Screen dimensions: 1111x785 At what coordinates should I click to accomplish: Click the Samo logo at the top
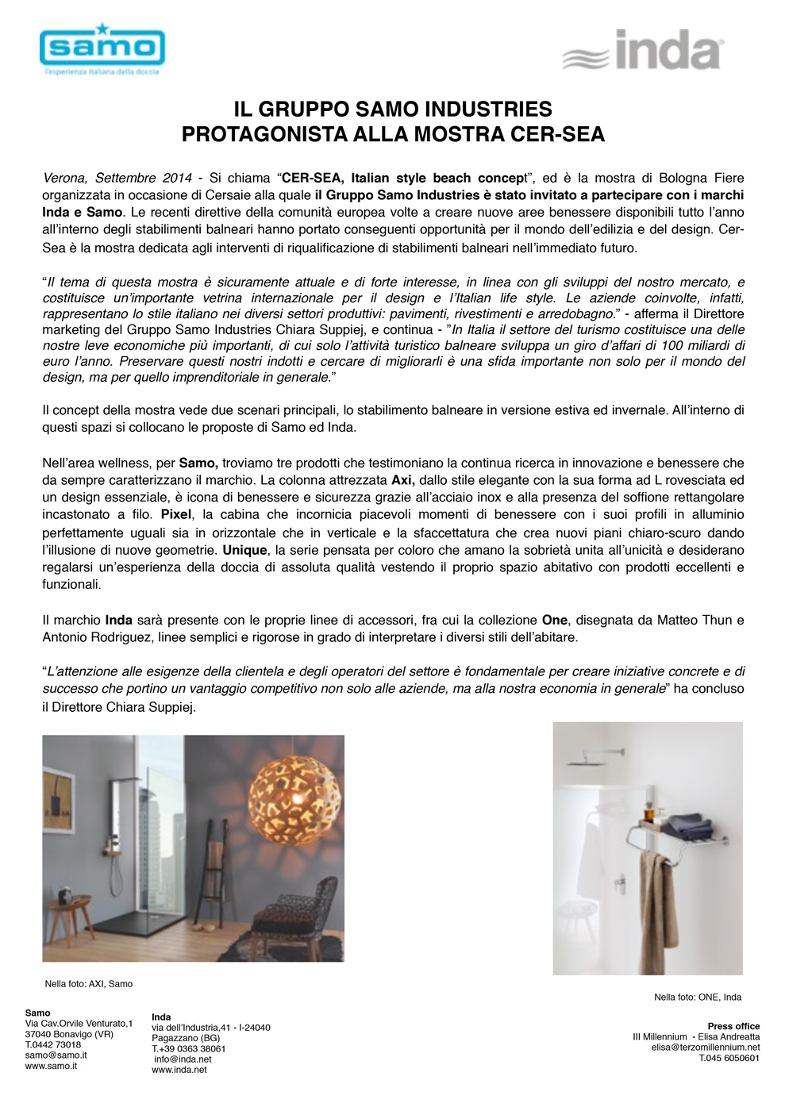coord(102,49)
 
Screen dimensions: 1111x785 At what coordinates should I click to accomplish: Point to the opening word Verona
coord(65,178)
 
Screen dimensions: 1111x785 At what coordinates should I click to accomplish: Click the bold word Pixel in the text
coord(176,515)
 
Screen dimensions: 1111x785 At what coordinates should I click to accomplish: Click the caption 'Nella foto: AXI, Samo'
coord(88,984)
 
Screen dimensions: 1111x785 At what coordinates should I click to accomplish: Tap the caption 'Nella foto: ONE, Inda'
coord(697,997)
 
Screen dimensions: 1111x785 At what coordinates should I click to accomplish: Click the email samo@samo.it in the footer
coord(56,1055)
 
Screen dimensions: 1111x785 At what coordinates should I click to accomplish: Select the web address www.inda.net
coord(179,1070)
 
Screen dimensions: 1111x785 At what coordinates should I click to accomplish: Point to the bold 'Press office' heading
coord(733,1026)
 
